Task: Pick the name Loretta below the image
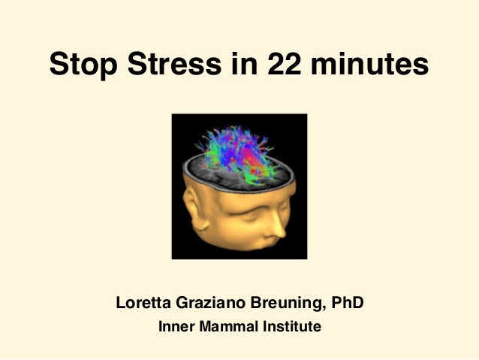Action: [x=143, y=304]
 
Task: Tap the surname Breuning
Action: [x=287, y=304]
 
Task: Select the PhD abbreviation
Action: [x=348, y=304]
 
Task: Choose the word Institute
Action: [x=291, y=328]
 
